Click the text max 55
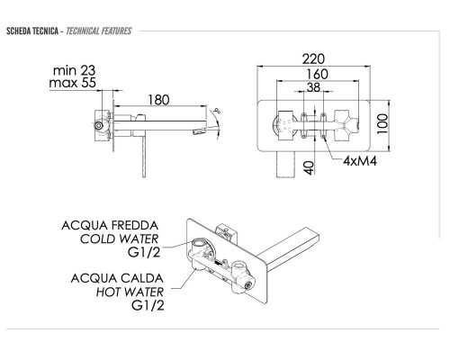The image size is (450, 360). point(75,85)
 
